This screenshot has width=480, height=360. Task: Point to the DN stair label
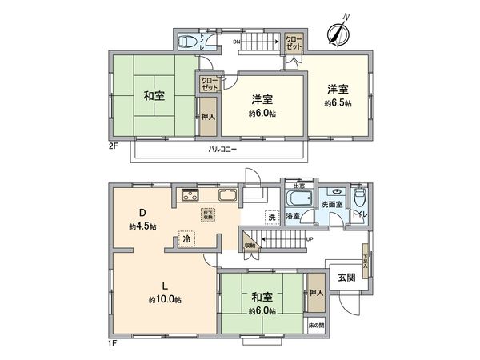[238, 41]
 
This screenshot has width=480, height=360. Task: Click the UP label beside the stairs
[310, 239]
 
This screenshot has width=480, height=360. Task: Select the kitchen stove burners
[190, 195]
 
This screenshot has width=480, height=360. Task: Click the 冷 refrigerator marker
[186, 238]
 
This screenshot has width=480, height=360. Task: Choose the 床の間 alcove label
[316, 326]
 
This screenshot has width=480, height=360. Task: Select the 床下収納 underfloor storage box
[206, 214]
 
